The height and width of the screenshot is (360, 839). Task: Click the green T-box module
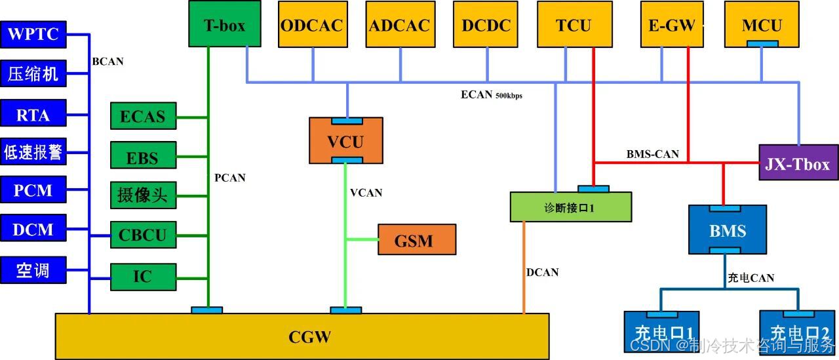pyautogui.click(x=225, y=24)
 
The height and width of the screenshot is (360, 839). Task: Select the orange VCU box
pyautogui.click(x=346, y=141)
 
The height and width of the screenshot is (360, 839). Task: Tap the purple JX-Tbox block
pyautogui.click(x=798, y=162)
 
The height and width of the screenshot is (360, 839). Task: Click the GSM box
pyautogui.click(x=417, y=239)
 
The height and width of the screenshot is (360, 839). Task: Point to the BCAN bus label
pyautogui.click(x=108, y=62)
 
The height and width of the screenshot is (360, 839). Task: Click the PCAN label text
pyautogui.click(x=230, y=178)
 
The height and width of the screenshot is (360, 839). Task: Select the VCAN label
pyautogui.click(x=366, y=193)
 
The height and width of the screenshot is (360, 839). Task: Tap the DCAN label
pyautogui.click(x=542, y=272)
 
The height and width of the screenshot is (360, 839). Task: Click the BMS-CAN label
pyautogui.click(x=653, y=154)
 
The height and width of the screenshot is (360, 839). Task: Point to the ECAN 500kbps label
pyautogui.click(x=492, y=95)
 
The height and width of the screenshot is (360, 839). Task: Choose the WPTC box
pyautogui.click(x=33, y=35)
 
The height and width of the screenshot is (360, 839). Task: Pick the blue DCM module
pyautogui.click(x=33, y=228)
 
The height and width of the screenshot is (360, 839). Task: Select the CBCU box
pyautogui.click(x=144, y=235)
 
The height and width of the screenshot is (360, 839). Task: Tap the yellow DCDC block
pyautogui.click(x=486, y=24)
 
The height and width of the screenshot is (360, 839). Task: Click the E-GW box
pyautogui.click(x=672, y=24)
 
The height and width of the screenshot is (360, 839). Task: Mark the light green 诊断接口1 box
pyautogui.click(x=571, y=207)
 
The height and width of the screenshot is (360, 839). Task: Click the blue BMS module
pyautogui.click(x=728, y=230)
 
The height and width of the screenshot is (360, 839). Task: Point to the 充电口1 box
pyautogui.click(x=662, y=332)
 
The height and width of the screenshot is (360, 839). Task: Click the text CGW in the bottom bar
pyautogui.click(x=310, y=337)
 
